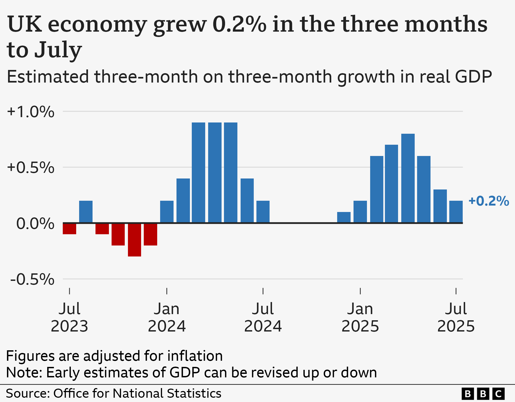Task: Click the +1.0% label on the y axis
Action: [31, 112]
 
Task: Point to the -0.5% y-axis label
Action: [32, 280]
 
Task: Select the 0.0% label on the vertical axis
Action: [35, 224]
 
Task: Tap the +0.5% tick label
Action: [31, 168]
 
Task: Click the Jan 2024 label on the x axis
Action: [167, 317]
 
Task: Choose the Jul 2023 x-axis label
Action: [69, 317]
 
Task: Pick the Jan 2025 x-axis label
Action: [360, 317]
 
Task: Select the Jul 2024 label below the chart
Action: [263, 317]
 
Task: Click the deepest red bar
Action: [134, 240]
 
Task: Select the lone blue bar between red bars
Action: [86, 212]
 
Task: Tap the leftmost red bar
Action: [69, 229]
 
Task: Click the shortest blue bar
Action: [344, 217]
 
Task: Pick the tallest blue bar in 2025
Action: [408, 178]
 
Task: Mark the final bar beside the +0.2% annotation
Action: [456, 212]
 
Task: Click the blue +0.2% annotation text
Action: [488, 201]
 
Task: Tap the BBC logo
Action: [483, 394]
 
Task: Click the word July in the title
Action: [58, 50]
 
